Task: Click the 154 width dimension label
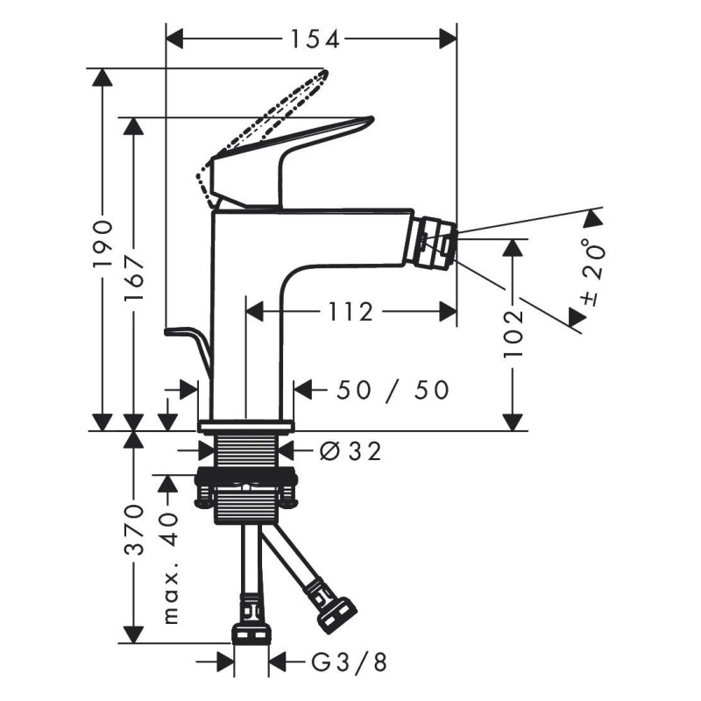tap(315, 39)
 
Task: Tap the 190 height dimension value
tap(103, 244)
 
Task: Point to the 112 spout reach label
tap(350, 312)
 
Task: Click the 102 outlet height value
tap(513, 335)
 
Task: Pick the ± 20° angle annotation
tap(592, 272)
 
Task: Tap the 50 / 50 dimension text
tap(393, 390)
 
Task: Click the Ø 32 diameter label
tap(350, 451)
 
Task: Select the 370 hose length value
tap(134, 530)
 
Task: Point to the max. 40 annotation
tap(170, 569)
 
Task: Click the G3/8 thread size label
tap(349, 662)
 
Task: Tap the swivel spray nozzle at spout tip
tap(434, 242)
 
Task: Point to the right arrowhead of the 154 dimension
tap(448, 39)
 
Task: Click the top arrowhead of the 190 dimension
tap(103, 77)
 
